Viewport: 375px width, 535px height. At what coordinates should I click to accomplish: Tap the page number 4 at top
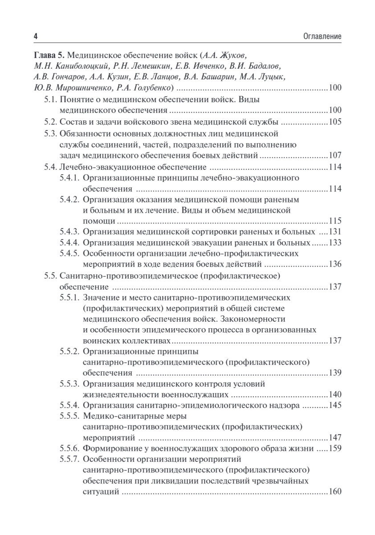(x=36, y=36)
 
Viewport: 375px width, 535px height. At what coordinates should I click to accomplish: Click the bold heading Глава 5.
(x=47, y=56)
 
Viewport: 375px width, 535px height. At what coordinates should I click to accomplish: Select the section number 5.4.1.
(x=69, y=178)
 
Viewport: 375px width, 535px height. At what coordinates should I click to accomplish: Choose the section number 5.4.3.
(x=69, y=232)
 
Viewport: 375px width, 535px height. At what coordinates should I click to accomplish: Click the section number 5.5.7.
(x=69, y=459)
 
